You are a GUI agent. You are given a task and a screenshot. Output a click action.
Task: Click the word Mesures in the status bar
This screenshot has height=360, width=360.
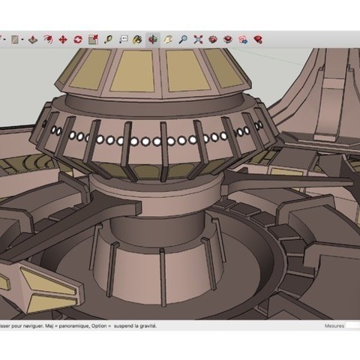click(x=334, y=326)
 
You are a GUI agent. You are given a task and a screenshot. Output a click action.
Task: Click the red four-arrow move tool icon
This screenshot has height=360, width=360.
click(x=62, y=39)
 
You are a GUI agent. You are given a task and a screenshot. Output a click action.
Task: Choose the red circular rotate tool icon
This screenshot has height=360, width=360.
click(x=77, y=39)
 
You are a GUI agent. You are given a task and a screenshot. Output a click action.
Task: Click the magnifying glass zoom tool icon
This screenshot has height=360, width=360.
click(x=182, y=39)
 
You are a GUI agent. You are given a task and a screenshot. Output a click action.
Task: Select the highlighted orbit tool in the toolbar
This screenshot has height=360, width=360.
click(x=153, y=39)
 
